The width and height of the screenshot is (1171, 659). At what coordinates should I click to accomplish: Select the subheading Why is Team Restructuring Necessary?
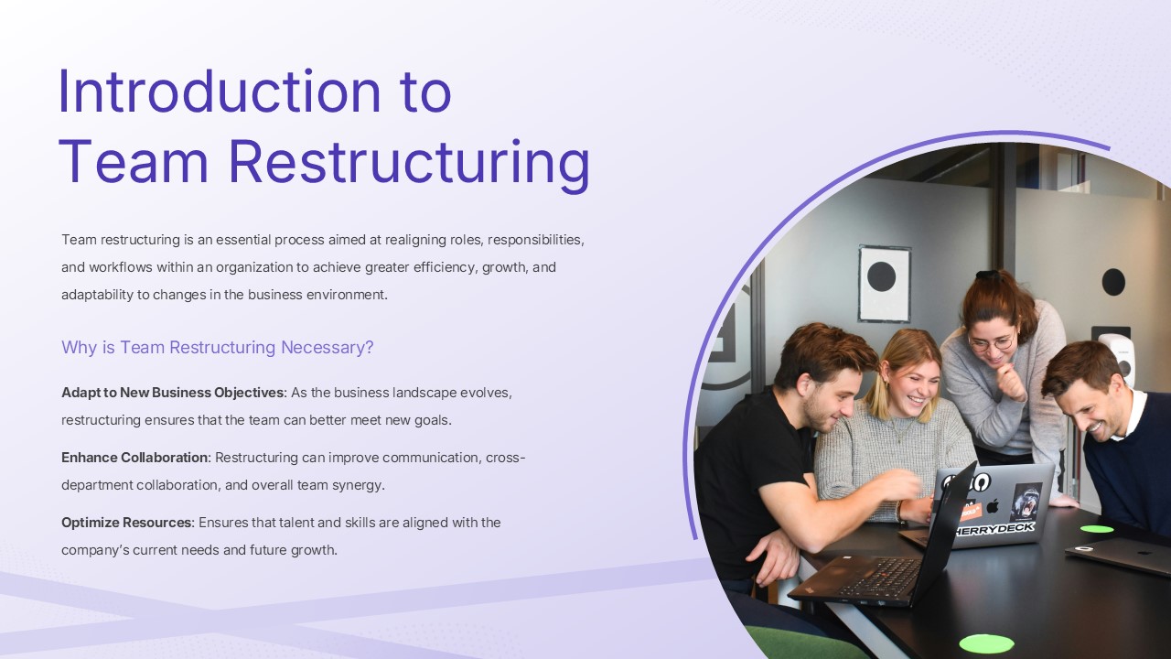[x=218, y=348]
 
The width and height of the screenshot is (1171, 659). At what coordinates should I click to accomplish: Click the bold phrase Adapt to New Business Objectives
[x=172, y=393]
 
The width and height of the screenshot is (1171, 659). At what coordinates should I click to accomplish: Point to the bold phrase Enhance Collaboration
[x=135, y=457]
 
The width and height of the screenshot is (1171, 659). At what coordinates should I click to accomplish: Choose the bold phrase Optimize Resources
[x=127, y=523]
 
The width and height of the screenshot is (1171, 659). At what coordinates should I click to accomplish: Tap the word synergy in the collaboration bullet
[x=360, y=485]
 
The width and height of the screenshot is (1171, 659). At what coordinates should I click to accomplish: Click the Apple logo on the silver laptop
[x=993, y=505]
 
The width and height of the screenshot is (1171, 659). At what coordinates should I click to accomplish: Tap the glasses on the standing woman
[x=991, y=343]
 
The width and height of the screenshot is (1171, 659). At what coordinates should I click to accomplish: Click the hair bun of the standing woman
[x=986, y=275]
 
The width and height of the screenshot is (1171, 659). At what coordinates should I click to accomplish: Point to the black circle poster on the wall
[x=882, y=276]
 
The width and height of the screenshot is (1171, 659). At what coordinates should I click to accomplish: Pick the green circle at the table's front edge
[x=986, y=643]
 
